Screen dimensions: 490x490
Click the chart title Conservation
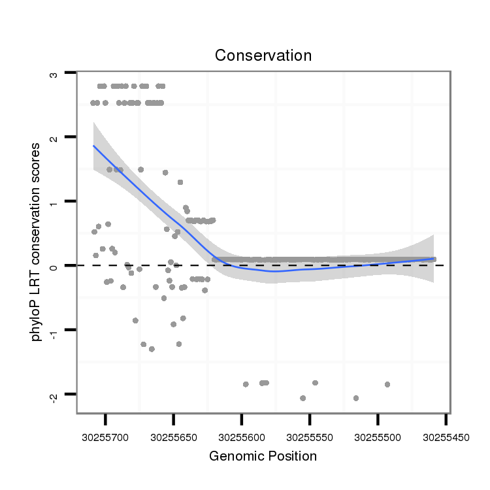pyautogui.click(x=263, y=56)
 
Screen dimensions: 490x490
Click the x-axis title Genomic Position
pyautogui.click(x=263, y=456)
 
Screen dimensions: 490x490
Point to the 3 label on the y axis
pyautogui.click(x=54, y=74)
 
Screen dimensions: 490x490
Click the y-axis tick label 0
pyautogui.click(x=54, y=265)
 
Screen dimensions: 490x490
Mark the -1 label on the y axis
pyautogui.click(x=54, y=329)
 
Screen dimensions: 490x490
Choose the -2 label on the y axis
pyautogui.click(x=54, y=393)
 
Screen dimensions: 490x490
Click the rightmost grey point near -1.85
pyautogui.click(x=387, y=384)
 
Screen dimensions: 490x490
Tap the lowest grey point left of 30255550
pyautogui.click(x=302, y=398)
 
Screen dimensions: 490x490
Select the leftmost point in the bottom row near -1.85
pyautogui.click(x=246, y=384)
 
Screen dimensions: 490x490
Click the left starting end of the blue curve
pyautogui.click(x=93, y=146)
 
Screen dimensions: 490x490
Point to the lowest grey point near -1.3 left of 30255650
pyautogui.click(x=152, y=349)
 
